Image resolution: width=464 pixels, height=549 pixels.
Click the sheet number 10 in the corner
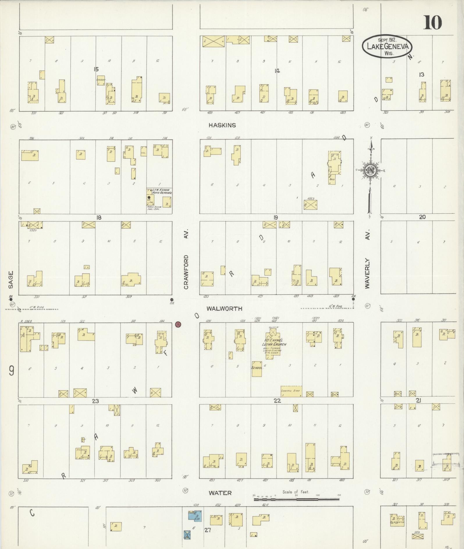(x=433, y=23)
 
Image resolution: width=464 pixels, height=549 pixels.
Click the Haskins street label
(x=222, y=125)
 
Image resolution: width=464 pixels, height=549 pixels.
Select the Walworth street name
(x=224, y=309)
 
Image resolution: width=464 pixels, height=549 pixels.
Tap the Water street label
(x=220, y=493)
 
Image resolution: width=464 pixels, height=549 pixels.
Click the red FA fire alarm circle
(x=178, y=324)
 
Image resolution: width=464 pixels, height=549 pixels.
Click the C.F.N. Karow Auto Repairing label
(x=162, y=191)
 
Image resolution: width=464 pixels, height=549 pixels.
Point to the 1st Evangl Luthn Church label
(x=274, y=342)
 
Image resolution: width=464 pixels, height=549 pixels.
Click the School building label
(x=257, y=368)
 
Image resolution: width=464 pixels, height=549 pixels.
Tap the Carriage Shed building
(x=291, y=391)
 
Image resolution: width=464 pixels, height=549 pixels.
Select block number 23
(x=95, y=401)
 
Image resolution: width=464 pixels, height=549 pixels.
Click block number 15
(x=96, y=69)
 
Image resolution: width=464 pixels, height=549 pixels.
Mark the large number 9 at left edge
(x=11, y=371)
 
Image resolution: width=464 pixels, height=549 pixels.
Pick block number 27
(x=207, y=530)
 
